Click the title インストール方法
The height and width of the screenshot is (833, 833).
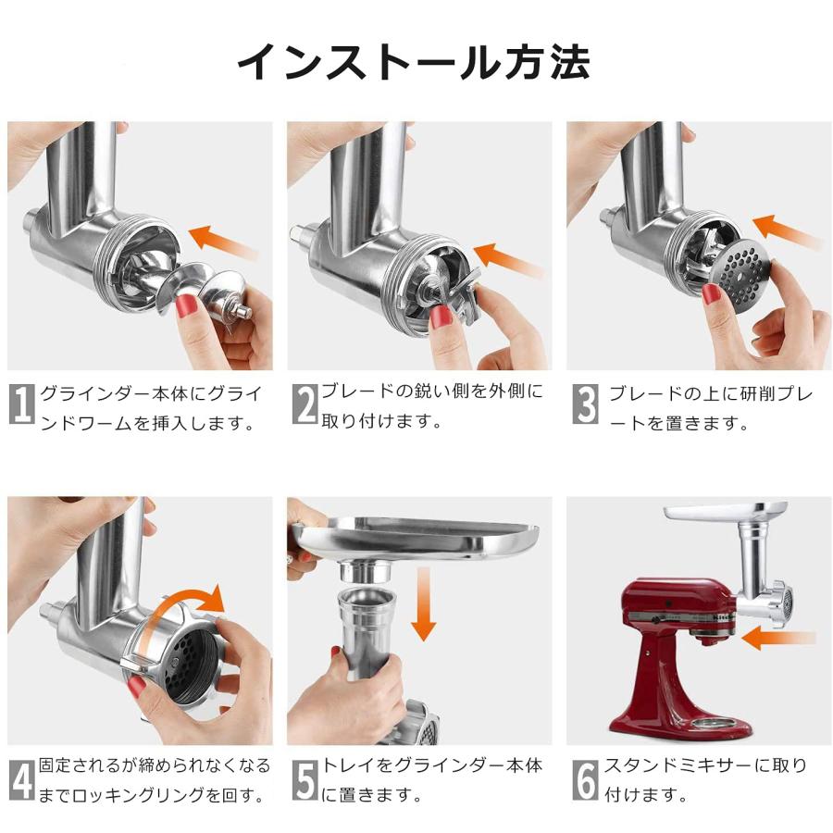point(414,63)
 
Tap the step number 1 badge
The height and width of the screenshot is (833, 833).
point(22,404)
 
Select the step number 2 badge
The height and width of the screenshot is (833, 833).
point(305,404)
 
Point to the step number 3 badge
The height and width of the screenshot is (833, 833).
point(586,404)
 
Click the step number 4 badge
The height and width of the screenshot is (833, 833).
point(22,780)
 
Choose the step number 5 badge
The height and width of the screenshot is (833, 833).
point(305,780)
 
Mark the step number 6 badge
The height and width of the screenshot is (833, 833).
point(586,780)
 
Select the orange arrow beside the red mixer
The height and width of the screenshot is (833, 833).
point(778,638)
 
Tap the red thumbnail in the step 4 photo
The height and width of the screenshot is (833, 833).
point(137,687)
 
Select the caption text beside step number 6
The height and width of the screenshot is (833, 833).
point(705,780)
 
